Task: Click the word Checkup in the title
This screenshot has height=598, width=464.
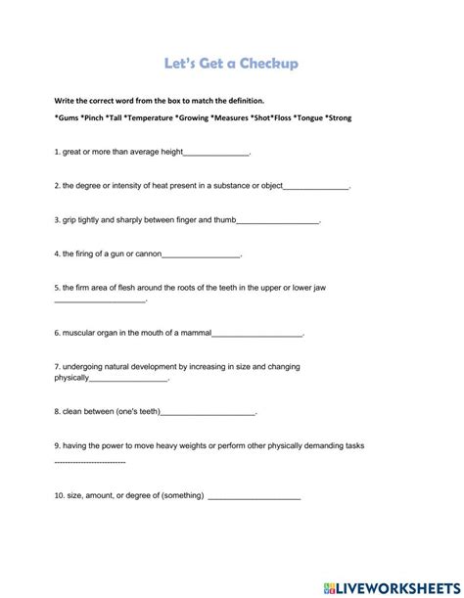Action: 263,65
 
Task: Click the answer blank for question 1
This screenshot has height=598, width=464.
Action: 216,155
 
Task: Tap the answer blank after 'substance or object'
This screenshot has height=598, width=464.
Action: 315,186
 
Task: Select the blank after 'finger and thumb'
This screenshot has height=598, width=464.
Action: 278,222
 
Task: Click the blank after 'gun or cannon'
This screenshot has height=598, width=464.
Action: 201,255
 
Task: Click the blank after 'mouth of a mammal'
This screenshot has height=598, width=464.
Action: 262,335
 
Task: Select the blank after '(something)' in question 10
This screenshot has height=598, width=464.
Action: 255,497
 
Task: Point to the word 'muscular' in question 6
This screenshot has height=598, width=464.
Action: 81,333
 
